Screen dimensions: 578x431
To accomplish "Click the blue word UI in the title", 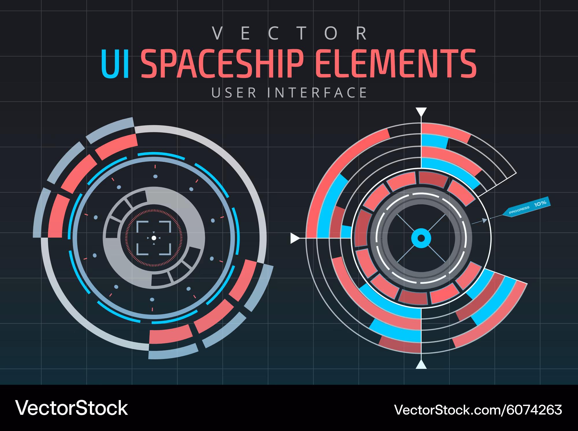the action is (115, 64).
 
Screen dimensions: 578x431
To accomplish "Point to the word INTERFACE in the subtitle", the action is (317, 93).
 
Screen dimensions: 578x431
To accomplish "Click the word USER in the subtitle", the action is (234, 93).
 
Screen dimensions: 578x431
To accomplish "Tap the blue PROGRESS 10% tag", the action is (527, 207).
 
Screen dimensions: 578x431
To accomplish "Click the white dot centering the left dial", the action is (154, 238).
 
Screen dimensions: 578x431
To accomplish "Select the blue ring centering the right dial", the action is (421, 238).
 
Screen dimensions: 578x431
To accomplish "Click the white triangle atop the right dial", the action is (421, 112).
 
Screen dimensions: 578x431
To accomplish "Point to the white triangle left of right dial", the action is (295, 238).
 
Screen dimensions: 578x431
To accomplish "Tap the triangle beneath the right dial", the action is (421, 365).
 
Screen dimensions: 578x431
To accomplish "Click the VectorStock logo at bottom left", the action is (71, 408).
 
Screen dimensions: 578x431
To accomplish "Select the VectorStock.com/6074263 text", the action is (478, 410).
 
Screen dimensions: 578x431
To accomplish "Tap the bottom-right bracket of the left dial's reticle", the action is (165, 249).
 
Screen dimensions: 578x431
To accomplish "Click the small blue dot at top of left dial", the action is (155, 176).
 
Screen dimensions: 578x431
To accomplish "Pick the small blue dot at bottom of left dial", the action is (152, 299).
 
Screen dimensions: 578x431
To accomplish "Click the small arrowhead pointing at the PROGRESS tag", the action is (485, 221).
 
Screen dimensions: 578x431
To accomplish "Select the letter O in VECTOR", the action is (331, 34).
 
